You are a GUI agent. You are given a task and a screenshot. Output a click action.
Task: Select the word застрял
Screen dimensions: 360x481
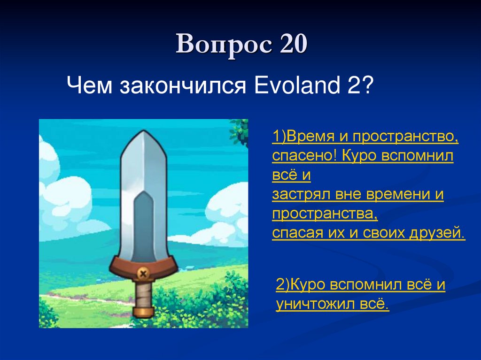click(x=297, y=194)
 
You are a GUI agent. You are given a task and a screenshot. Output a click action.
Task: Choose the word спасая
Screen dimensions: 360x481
click(x=296, y=233)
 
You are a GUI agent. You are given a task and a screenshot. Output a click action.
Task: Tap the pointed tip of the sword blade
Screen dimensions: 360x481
click(x=144, y=132)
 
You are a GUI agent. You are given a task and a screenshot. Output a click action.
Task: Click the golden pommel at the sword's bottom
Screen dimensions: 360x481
click(x=144, y=312)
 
